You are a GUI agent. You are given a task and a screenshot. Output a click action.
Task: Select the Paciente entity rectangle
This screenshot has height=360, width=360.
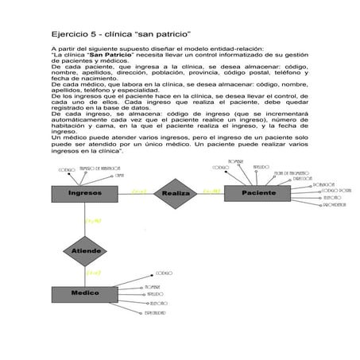tap(259, 193)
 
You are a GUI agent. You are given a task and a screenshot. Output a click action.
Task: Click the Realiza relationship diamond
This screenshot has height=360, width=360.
tap(175, 193)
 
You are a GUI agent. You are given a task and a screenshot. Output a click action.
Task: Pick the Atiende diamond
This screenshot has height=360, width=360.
tap(87, 250)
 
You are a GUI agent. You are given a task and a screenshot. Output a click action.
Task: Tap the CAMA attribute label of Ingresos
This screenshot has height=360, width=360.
tap(118, 176)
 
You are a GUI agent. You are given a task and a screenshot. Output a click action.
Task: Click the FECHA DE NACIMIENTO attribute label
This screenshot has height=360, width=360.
tap(284, 172)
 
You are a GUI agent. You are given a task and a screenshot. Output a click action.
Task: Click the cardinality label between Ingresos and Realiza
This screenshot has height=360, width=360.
tap(138, 192)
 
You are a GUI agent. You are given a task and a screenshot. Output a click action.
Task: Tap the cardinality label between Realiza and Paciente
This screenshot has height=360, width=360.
tap(211, 191)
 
